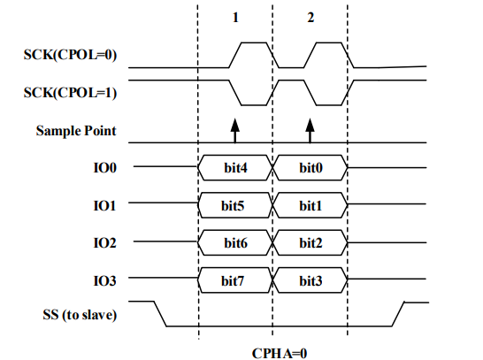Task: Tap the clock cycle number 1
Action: pyautogui.click(x=235, y=18)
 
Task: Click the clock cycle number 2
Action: pyautogui.click(x=310, y=18)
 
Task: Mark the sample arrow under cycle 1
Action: pyautogui.click(x=235, y=131)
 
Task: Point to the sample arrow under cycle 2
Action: pyautogui.click(x=310, y=131)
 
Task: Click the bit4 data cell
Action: pyautogui.click(x=235, y=166)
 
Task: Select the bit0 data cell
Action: pyautogui.click(x=310, y=166)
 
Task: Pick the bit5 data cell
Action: pyautogui.click(x=235, y=204)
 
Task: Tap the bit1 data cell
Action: pyautogui.click(x=310, y=204)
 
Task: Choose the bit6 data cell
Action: pyautogui.click(x=235, y=241)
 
